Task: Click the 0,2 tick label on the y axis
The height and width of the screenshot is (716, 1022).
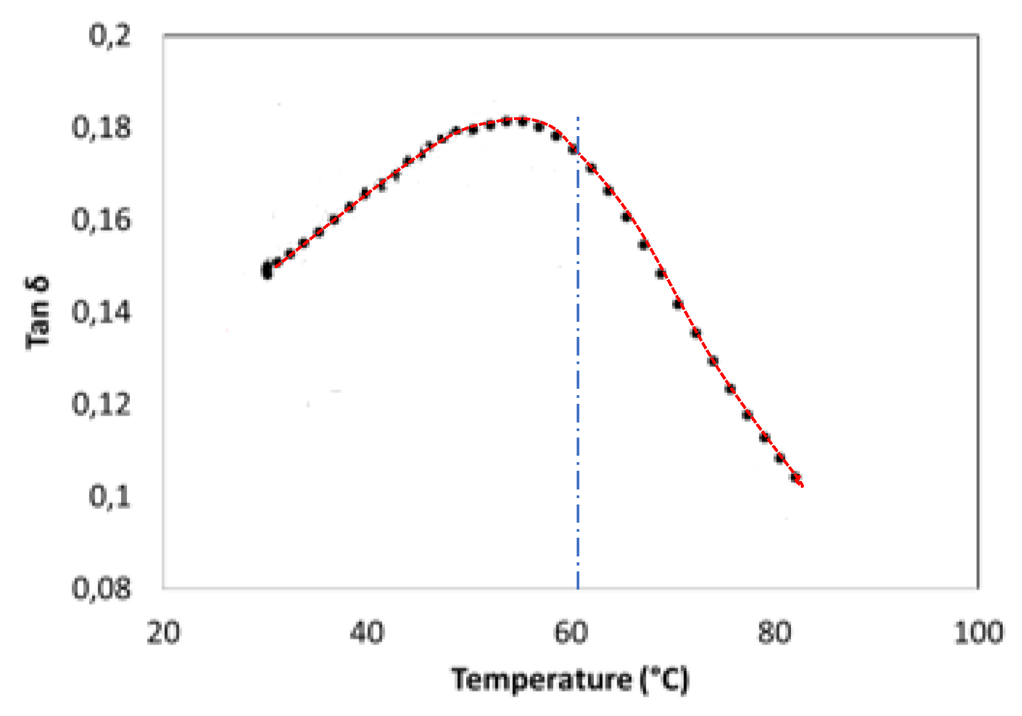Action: pos(109,36)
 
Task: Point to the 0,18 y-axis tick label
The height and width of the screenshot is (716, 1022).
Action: pos(101,129)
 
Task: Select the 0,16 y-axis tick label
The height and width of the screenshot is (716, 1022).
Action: pos(101,221)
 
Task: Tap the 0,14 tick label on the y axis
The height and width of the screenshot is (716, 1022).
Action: pos(101,313)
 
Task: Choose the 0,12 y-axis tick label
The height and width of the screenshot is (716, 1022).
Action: pos(101,405)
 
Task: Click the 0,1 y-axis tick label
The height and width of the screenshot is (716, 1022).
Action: pos(109,497)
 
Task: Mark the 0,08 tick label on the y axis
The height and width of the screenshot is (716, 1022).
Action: pos(101,589)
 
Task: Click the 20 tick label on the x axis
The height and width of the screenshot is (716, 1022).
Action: pos(163,633)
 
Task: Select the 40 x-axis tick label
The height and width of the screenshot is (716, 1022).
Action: pos(367,633)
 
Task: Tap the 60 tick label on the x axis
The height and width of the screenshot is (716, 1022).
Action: pos(571,633)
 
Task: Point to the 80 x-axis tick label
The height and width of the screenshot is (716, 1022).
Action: pos(774,633)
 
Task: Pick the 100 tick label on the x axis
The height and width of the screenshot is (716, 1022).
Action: pos(979,633)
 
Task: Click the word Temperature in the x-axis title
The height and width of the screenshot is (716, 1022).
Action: pos(541,680)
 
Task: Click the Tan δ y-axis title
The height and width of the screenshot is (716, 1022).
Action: pos(38,313)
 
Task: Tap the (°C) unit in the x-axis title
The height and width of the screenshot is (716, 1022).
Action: pos(665,680)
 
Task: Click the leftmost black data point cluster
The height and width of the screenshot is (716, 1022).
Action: pos(267,270)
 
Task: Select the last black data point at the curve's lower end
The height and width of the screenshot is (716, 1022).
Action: pos(796,477)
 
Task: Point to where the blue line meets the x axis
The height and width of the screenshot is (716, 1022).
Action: pos(578,589)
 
